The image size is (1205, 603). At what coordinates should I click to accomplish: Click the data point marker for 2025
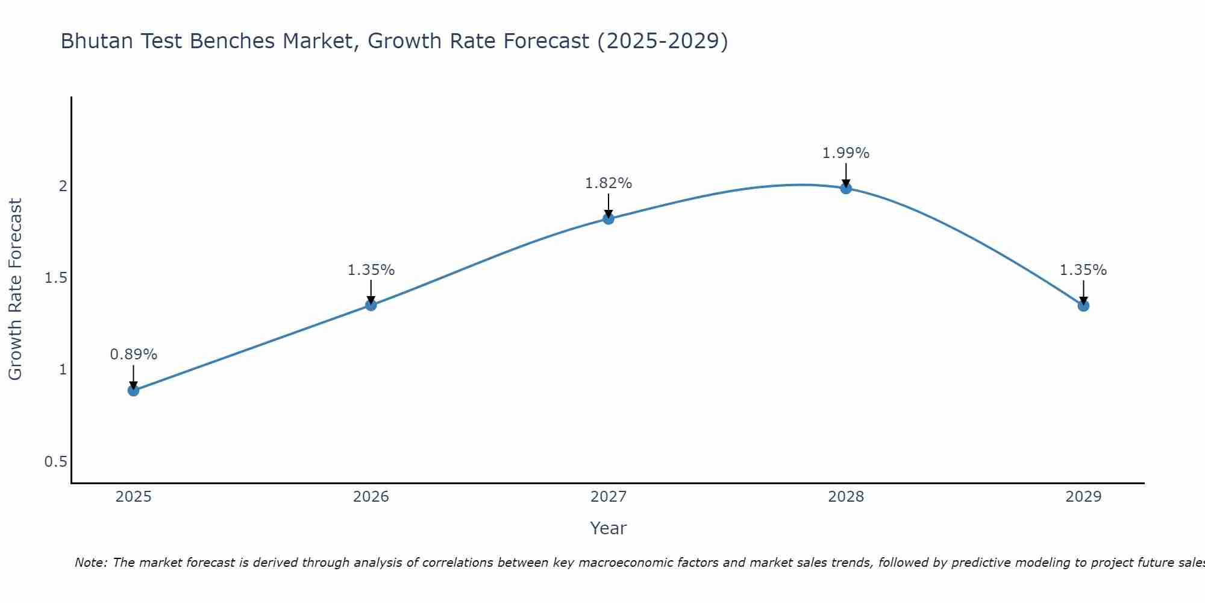click(134, 390)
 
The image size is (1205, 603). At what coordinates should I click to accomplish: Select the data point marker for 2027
click(609, 218)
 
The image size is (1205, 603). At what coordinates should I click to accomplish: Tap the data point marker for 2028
click(846, 188)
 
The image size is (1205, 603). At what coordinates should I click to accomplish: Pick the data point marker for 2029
click(1083, 306)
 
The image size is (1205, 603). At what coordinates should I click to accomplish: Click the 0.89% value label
click(134, 355)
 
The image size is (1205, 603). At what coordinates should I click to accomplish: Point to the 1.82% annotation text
click(609, 183)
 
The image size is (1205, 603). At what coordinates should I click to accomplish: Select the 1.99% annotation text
click(846, 153)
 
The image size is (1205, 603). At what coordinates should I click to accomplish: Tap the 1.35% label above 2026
click(371, 270)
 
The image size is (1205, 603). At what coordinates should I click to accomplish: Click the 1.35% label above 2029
click(1083, 270)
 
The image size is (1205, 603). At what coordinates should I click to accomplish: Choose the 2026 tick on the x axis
click(371, 497)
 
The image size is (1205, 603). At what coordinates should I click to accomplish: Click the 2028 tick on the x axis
click(846, 497)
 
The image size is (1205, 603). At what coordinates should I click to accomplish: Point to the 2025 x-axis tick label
click(134, 497)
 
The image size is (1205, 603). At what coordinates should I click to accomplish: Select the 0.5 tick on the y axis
click(55, 462)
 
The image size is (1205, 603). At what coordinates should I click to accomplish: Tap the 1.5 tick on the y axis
click(55, 278)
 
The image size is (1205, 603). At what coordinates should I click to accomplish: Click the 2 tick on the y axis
click(63, 186)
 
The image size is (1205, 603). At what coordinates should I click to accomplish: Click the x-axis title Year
click(609, 528)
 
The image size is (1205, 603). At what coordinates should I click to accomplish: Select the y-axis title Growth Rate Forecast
click(15, 289)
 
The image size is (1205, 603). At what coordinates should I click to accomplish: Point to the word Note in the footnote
click(90, 563)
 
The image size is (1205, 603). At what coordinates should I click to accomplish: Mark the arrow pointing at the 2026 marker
click(371, 291)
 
